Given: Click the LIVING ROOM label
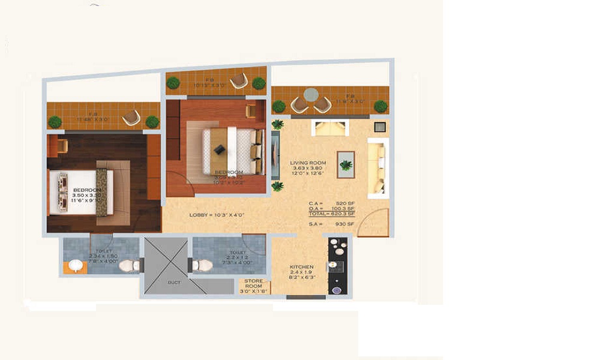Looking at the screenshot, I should pos(308,163).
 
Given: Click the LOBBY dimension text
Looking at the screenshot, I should pos(217,215).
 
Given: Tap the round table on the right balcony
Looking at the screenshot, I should pos(311,95).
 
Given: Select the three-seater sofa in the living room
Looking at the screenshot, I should pos(376,167).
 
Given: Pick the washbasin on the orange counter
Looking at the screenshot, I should pos(75,265).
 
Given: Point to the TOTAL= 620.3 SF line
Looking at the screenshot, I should pos(332,213).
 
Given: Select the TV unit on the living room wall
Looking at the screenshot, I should pos(274,155).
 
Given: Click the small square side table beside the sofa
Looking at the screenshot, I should pos(379,127).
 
